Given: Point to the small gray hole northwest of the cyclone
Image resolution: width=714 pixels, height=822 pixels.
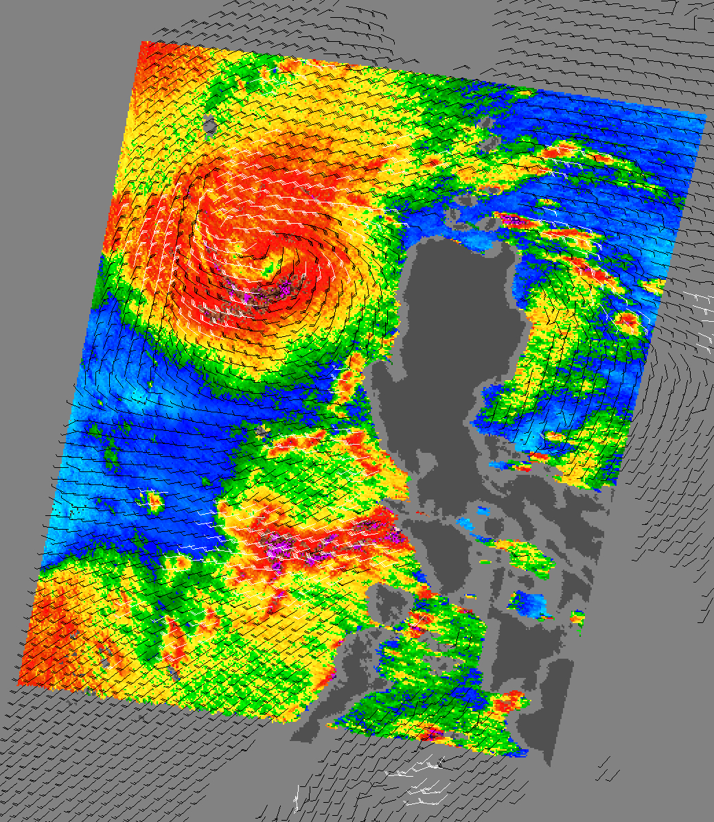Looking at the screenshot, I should (209, 125).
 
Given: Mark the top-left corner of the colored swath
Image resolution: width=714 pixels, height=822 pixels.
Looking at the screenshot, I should (141, 42).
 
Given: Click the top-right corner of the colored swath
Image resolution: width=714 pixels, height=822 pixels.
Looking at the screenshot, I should (705, 115).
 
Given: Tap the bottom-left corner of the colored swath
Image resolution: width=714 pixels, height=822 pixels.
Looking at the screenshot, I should (19, 683).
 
